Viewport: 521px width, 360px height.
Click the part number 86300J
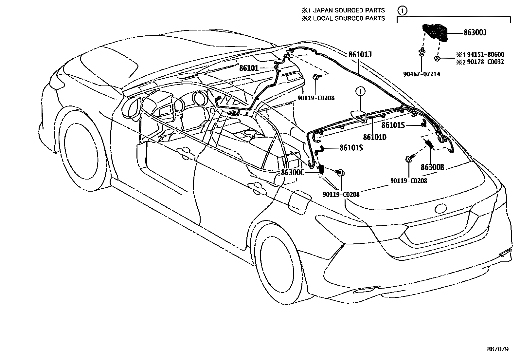tap(475, 33)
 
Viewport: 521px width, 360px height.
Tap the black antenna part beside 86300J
tap(435, 32)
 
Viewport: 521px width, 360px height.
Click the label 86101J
tap(360, 54)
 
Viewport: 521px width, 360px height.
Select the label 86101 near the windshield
tap(249, 68)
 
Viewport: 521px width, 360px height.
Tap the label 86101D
tap(374, 137)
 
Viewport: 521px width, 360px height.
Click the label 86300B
tap(432, 167)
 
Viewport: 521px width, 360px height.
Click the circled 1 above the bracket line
tap(403, 10)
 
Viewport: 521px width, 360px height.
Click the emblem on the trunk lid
tap(440, 208)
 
